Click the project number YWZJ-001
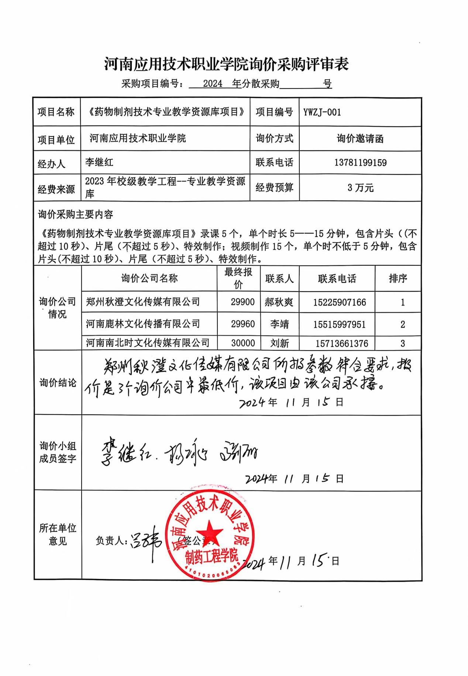322,112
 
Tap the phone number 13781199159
360,163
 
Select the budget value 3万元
360,188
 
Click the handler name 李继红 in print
99,162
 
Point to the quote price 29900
242,302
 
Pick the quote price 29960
242,324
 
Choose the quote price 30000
243,343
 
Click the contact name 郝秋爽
279,302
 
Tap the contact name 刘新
279,343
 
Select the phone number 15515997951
339,325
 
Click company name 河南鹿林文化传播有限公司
143,324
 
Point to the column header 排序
398,278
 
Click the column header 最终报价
238,278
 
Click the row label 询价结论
58,383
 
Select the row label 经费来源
56,189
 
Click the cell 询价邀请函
360,139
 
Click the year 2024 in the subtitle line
213,84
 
